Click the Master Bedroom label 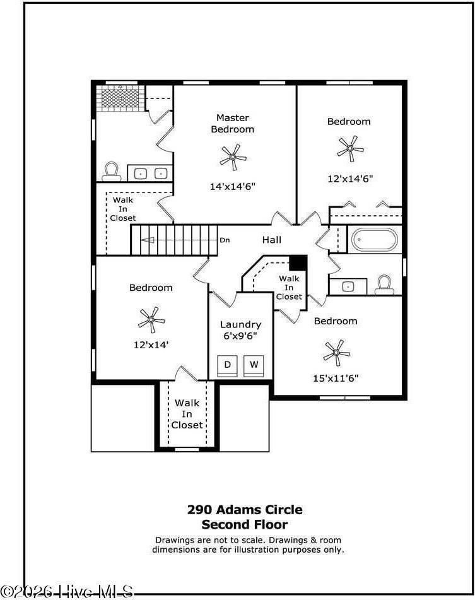pos(232,124)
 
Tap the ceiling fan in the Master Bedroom pos(233,156)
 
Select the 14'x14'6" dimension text pos(232,187)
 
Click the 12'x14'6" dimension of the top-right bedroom pos(349,179)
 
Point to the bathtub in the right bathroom pos(375,240)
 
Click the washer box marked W pos(254,365)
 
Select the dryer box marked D pos(228,365)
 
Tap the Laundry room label pos(240,325)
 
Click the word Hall pos(272,240)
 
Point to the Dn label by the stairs pos(225,240)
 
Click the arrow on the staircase pos(148,240)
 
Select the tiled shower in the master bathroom pos(120,98)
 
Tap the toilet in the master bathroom pos(112,171)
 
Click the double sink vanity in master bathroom pos(150,172)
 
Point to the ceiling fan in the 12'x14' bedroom pos(151,320)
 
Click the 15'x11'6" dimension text pos(337,379)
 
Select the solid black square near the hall pos(298,262)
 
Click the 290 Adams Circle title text pos(245,509)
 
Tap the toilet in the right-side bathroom pos(384,286)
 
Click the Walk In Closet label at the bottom pos(187,414)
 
